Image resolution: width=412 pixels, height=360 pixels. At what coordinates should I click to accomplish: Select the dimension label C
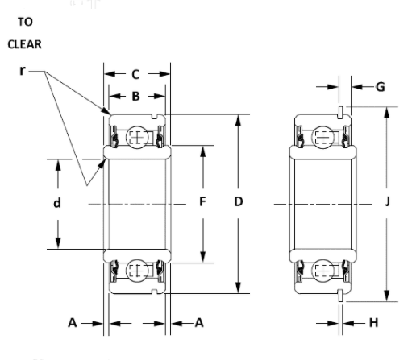click(x=135, y=74)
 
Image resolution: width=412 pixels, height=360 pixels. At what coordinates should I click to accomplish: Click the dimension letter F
click(x=202, y=202)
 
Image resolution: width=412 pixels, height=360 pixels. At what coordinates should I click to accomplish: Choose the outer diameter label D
click(x=239, y=202)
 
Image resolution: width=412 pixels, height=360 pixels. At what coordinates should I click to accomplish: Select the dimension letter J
click(x=387, y=202)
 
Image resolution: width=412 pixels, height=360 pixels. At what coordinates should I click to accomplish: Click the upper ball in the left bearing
click(x=136, y=138)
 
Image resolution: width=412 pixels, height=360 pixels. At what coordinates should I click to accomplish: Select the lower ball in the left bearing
click(x=136, y=270)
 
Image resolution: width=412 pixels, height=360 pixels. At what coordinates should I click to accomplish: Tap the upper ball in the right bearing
click(x=323, y=138)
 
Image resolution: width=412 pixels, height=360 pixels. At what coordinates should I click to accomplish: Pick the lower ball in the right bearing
click(x=323, y=270)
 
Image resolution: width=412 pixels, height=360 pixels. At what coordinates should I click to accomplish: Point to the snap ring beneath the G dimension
click(x=342, y=111)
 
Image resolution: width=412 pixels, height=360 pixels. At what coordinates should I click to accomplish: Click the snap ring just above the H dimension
click(x=342, y=296)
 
